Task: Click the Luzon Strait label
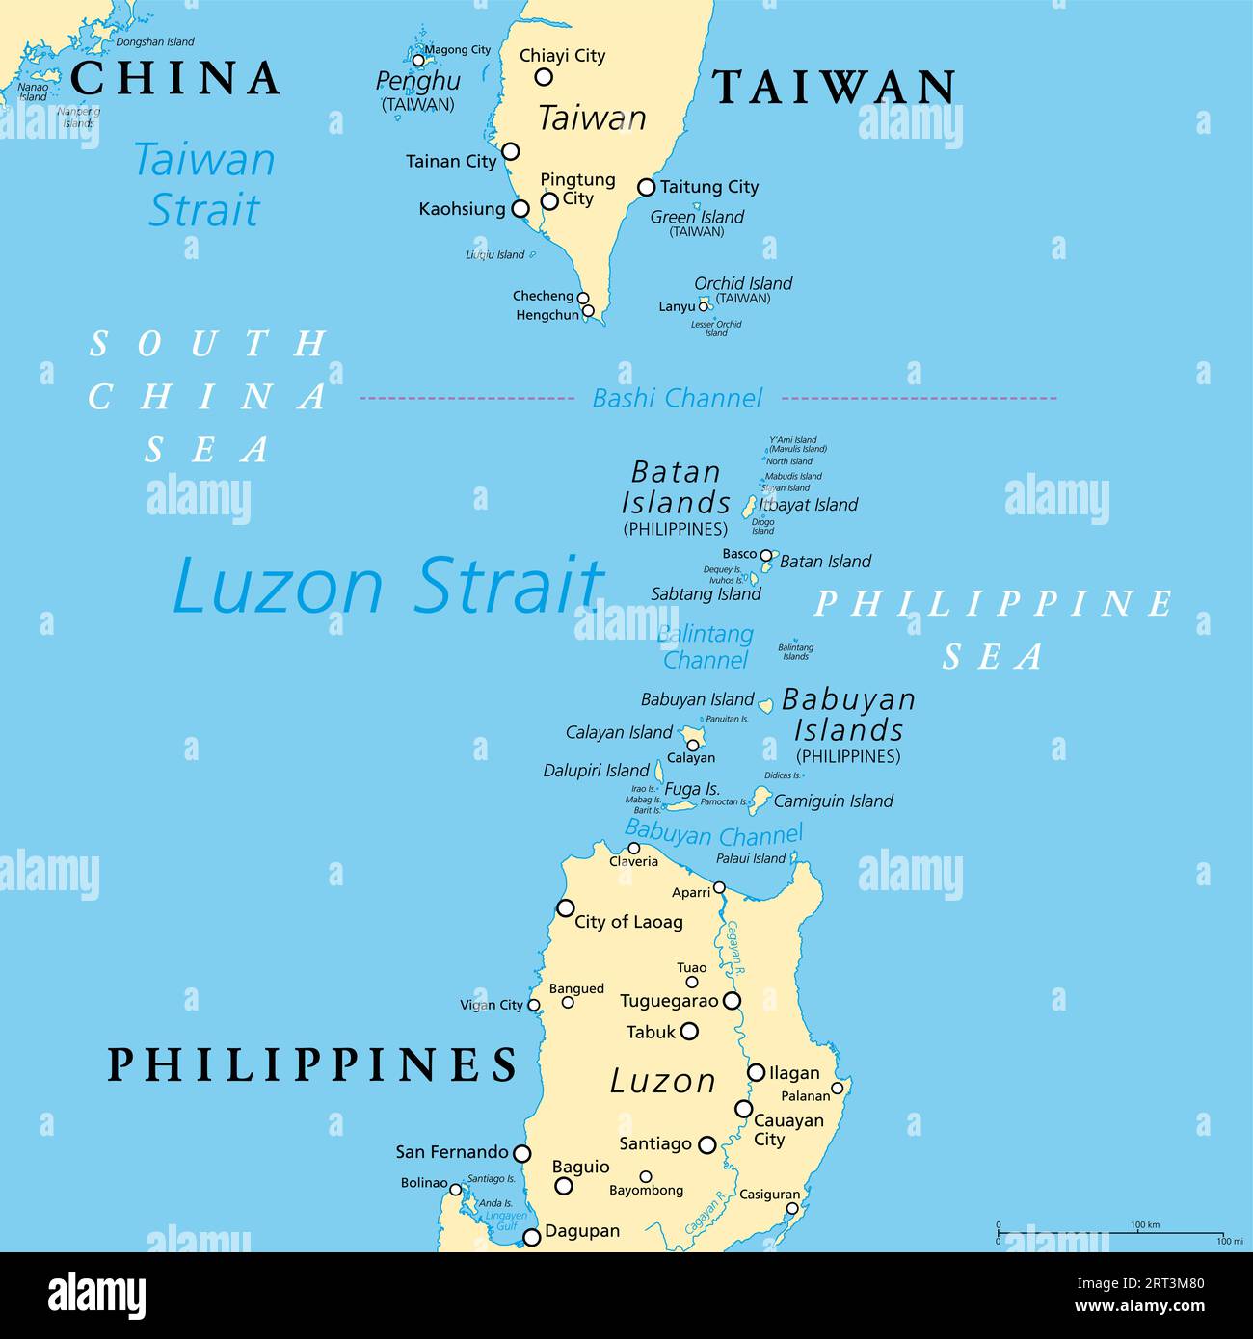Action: click(388, 585)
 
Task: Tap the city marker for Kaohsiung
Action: click(520, 208)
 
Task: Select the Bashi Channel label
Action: click(677, 398)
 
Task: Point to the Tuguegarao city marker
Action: click(732, 1001)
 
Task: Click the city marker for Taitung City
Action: click(647, 187)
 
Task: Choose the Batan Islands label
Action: click(676, 488)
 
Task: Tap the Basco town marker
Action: click(766, 555)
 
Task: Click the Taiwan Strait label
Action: click(204, 185)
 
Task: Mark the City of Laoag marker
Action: click(566, 907)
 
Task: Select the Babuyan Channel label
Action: click(713, 833)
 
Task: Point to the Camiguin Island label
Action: click(834, 801)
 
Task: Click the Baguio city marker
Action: click(564, 1186)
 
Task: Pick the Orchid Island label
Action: click(743, 283)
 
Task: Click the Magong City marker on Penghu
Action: click(418, 60)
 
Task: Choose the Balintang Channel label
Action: click(706, 646)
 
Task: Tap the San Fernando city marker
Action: click(521, 1153)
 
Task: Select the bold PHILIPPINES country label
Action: click(312, 1064)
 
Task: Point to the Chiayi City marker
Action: click(544, 77)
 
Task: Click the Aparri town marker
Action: click(719, 887)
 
